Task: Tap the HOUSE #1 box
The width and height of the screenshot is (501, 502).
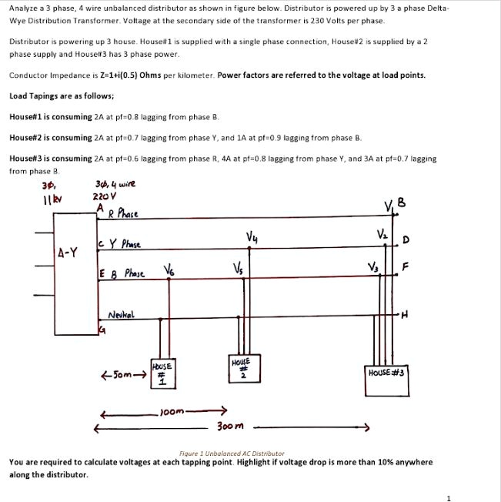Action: pyautogui.click(x=160, y=370)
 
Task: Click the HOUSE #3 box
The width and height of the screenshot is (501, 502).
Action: pyautogui.click(x=387, y=373)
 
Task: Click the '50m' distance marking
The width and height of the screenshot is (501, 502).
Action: pyautogui.click(x=122, y=377)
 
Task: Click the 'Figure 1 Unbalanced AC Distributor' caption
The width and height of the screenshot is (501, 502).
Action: pyautogui.click(x=232, y=453)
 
